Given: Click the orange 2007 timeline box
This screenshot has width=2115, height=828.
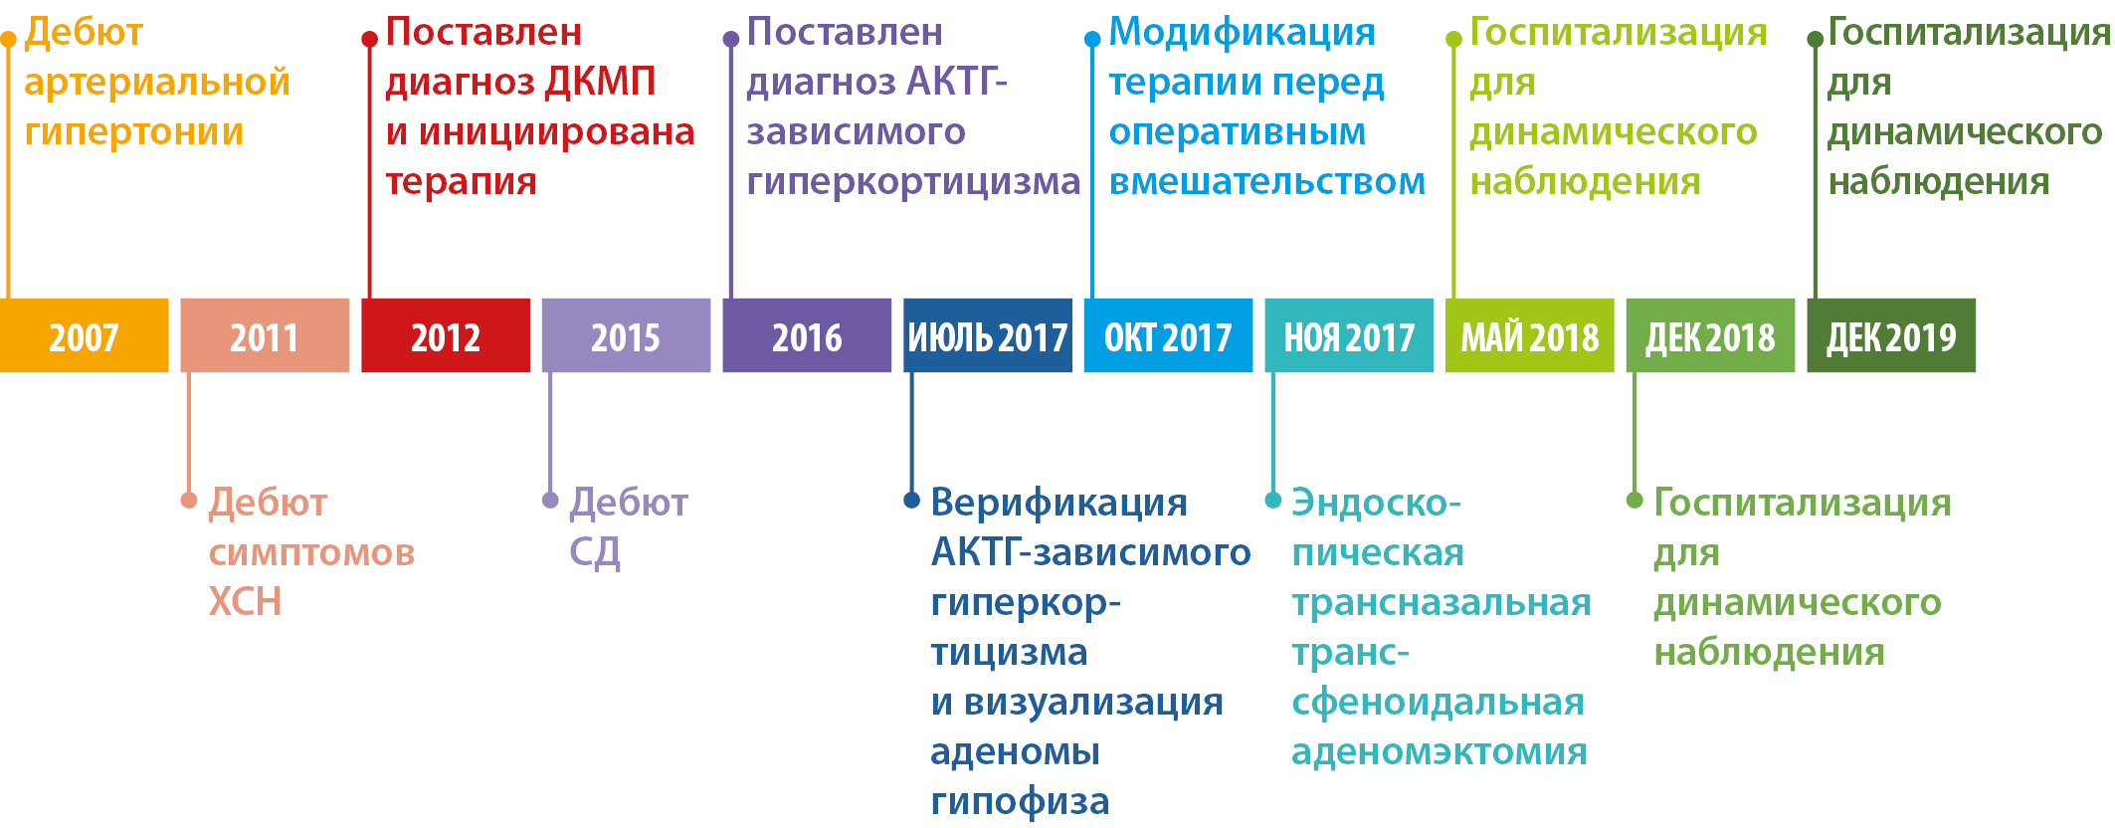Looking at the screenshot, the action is [84, 335].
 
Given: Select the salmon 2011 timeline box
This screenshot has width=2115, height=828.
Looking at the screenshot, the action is [265, 335].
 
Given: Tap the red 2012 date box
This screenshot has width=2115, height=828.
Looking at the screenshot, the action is [446, 335].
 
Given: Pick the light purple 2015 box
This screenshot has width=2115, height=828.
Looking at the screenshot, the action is [626, 335].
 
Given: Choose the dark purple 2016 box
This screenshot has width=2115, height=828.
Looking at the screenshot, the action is [807, 335].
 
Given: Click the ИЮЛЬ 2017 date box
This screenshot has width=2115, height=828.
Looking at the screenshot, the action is [988, 335].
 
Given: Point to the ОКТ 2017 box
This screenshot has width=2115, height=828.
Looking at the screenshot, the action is [1168, 335].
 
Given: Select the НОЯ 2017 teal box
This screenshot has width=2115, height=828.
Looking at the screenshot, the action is [1349, 335].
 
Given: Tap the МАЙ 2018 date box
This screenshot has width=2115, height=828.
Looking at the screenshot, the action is [1530, 335].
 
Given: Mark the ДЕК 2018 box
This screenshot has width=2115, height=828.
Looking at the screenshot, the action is [1710, 335].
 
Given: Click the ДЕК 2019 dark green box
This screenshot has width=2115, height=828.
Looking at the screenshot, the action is [1891, 335].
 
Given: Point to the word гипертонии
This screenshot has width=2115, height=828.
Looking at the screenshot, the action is [134, 132].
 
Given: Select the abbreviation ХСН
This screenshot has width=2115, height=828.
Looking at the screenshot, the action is [245, 601].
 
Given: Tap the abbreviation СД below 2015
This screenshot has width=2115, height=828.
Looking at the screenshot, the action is [595, 552].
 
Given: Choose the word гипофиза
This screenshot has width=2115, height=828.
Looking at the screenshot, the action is [1020, 802].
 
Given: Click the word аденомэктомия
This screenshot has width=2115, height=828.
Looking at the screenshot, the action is [1440, 751].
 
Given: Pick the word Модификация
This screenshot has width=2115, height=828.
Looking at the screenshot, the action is [1243, 33].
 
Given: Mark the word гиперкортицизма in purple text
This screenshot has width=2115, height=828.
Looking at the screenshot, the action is [913, 182].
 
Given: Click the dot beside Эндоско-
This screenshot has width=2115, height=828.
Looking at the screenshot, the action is [1272, 500].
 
